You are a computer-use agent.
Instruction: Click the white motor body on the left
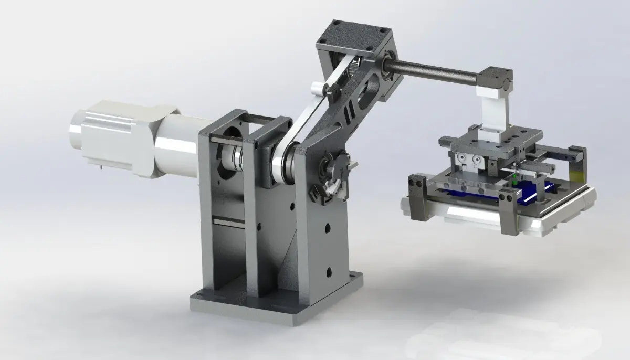pyautogui.click(x=126, y=137)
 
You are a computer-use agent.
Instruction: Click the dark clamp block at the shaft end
pyautogui.click(x=496, y=80)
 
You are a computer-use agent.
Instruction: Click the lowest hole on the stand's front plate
pyautogui.click(x=329, y=272)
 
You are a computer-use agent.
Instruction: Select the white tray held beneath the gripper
pyautogui.click(x=499, y=215)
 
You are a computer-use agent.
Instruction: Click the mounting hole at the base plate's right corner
pyautogui.click(x=359, y=276)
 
